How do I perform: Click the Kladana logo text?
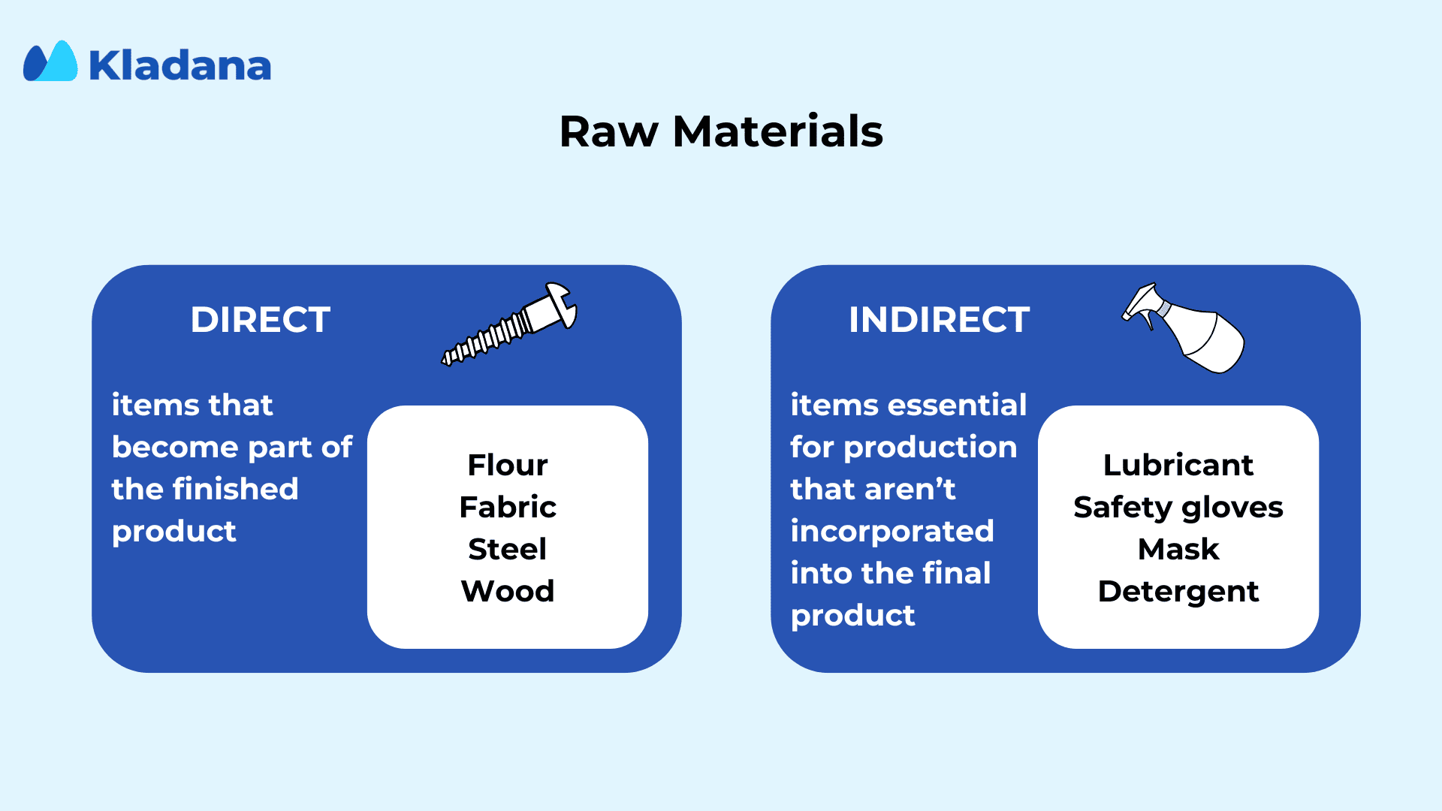coord(180,65)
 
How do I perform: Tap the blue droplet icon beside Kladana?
coord(50,61)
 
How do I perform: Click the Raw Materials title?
coord(721,131)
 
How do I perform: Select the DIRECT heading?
coord(260,320)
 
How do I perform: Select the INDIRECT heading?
coord(939,320)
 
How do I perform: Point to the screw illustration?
coord(509,324)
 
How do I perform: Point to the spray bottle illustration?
coord(1184,327)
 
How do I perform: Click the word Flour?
coord(508,465)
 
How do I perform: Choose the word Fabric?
coord(508,507)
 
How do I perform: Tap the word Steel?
coord(508,549)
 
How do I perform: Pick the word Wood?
coord(508,591)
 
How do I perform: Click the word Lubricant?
coord(1178,465)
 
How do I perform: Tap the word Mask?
coord(1178,549)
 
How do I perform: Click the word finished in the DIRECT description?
coord(236,489)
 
